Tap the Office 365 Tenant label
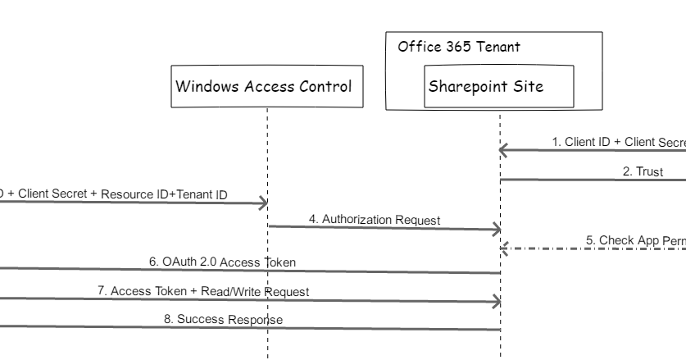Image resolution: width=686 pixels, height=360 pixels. tap(458, 47)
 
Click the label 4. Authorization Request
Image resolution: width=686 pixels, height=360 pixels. tap(374, 219)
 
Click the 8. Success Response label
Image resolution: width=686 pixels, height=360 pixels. tap(224, 319)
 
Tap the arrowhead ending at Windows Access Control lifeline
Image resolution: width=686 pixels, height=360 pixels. tap(262, 203)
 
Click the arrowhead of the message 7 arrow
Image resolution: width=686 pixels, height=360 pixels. tap(496, 302)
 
